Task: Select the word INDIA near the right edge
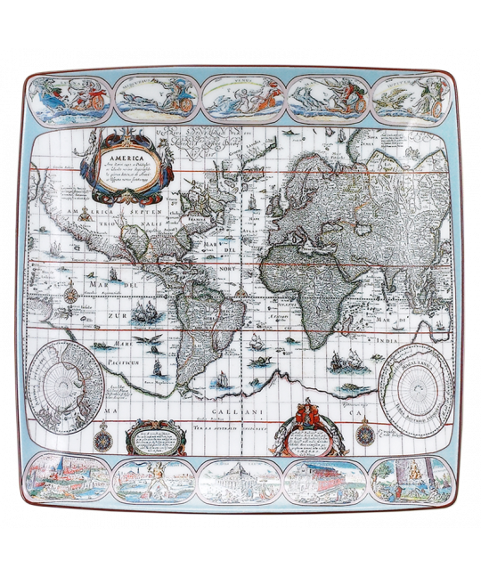(419, 329)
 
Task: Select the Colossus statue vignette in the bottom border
(153, 482)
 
